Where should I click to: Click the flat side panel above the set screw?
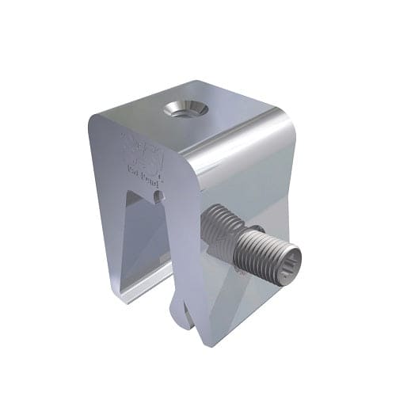point(253,186)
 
